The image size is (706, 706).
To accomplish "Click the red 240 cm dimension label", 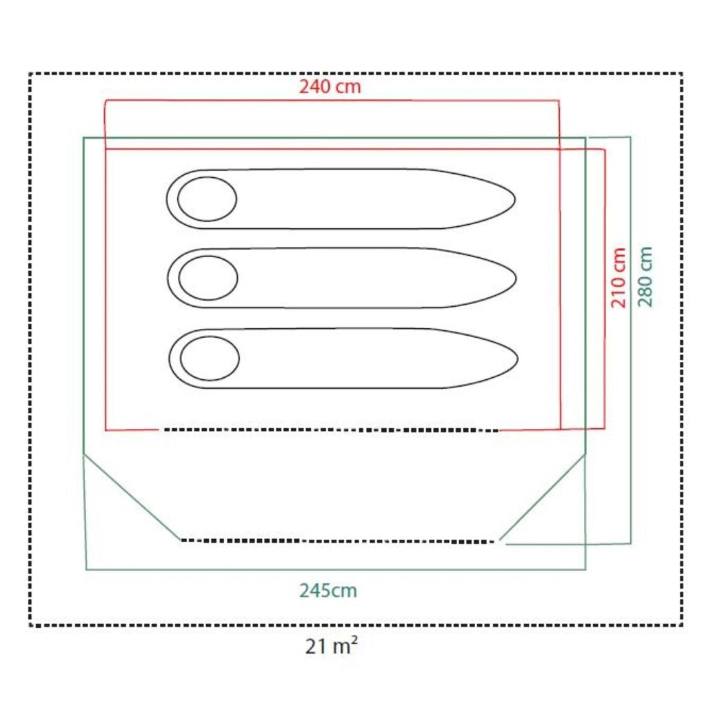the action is pyautogui.click(x=330, y=86).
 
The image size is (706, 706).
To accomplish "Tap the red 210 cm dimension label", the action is pyautogui.click(x=618, y=277).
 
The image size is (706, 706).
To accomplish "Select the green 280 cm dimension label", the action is pyautogui.click(x=645, y=276).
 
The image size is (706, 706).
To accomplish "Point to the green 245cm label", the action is pyautogui.click(x=328, y=590).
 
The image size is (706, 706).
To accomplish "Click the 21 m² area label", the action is pyautogui.click(x=332, y=646).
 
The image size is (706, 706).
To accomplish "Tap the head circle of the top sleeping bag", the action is pyautogui.click(x=207, y=199).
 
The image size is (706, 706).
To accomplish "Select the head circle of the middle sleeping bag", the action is pyautogui.click(x=208, y=278).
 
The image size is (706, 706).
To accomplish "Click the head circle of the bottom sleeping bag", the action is pyautogui.click(x=210, y=359).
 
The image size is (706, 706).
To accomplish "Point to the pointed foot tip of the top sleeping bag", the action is pyautogui.click(x=515, y=199).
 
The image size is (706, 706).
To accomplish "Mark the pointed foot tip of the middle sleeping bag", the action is pyautogui.click(x=516, y=279).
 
